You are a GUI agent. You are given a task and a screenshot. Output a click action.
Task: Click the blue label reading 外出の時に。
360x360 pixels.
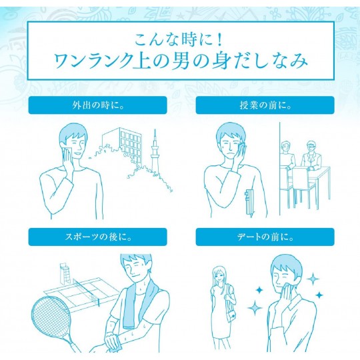click(97, 105)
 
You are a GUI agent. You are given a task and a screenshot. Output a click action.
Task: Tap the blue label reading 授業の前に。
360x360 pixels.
click(265, 105)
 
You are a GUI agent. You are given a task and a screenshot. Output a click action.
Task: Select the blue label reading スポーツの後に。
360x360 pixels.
click(97, 237)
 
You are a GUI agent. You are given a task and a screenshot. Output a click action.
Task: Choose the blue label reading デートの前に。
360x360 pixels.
click(265, 237)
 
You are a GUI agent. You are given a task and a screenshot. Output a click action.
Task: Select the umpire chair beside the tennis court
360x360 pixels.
click(63, 274)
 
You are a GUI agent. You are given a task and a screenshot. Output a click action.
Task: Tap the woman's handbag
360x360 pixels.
click(231, 316)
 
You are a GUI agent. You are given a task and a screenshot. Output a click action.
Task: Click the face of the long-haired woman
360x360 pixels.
click(219, 275)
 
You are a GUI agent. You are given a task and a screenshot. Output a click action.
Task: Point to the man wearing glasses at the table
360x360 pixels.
click(311, 156)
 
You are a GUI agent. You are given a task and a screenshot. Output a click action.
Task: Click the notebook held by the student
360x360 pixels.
click(249, 202)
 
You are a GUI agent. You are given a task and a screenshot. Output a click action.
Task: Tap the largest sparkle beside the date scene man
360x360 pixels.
click(255, 307)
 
